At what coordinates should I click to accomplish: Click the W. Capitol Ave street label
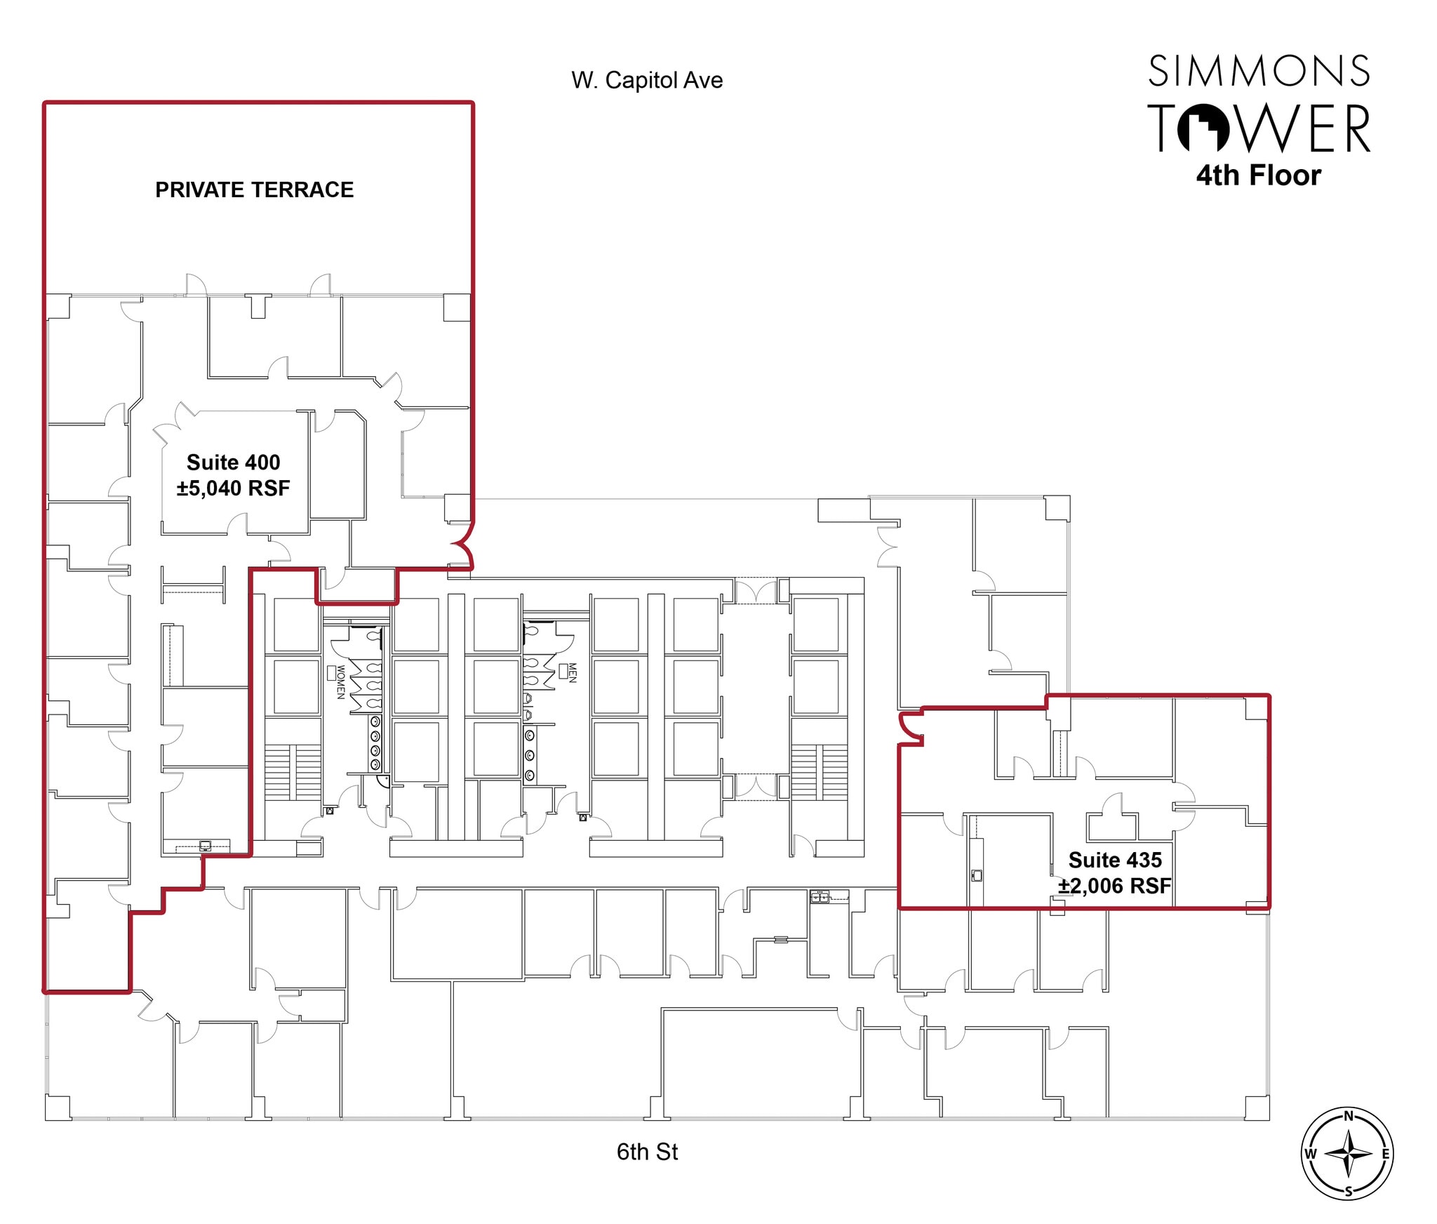click(x=646, y=80)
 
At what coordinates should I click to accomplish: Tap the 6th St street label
click(x=646, y=1152)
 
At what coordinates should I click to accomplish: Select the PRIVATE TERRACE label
click(x=254, y=189)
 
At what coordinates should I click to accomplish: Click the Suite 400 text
click(x=233, y=462)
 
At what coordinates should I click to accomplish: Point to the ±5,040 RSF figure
click(x=233, y=488)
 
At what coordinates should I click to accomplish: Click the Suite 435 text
click(x=1115, y=860)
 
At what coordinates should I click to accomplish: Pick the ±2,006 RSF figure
click(x=1115, y=886)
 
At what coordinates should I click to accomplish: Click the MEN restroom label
click(x=572, y=673)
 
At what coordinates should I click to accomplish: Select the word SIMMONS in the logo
click(x=1259, y=72)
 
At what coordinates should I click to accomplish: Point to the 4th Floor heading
click(x=1259, y=175)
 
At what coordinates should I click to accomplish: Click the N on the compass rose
click(x=1348, y=1117)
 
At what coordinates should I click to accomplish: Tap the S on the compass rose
click(x=1348, y=1192)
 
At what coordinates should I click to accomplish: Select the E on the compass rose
click(x=1386, y=1155)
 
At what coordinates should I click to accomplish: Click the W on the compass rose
click(x=1310, y=1155)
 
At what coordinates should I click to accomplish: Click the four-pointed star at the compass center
click(x=1348, y=1154)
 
